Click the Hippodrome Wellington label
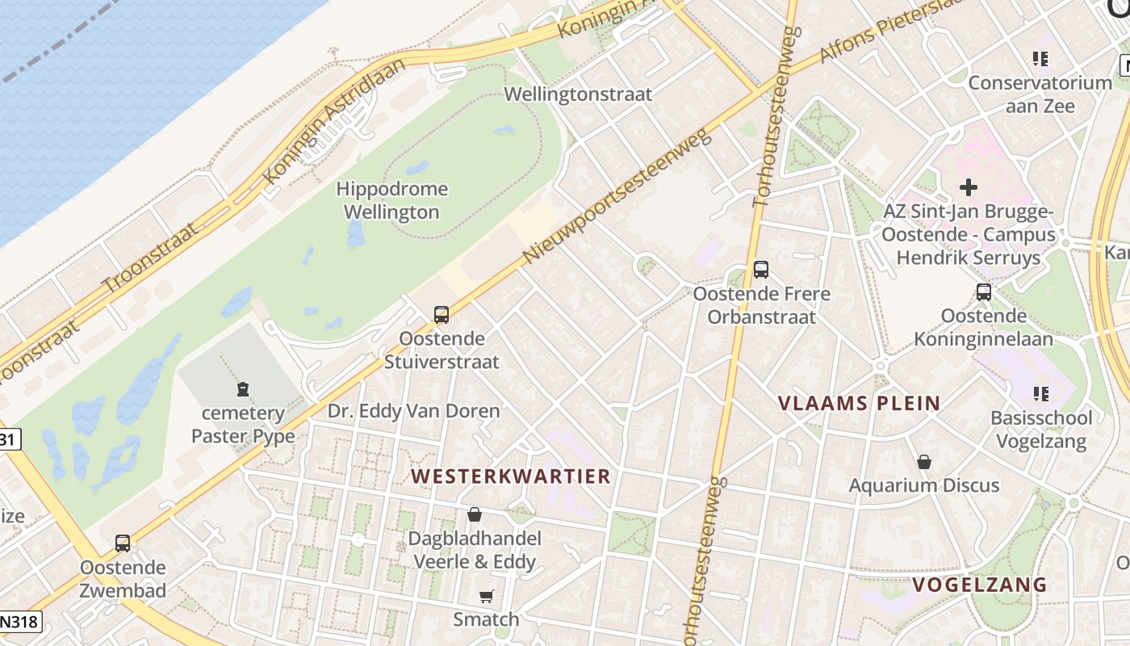(x=391, y=200)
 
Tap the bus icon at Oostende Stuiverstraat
(x=442, y=315)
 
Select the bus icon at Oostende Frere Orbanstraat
(x=760, y=270)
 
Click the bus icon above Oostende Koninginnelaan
(x=983, y=292)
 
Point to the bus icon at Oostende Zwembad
(x=123, y=543)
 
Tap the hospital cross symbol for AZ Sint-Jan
(x=968, y=187)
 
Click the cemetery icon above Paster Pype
(x=242, y=390)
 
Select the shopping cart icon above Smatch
(x=486, y=597)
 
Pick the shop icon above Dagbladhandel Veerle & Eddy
(x=475, y=514)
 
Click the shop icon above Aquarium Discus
(x=924, y=462)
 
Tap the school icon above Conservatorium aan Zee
(x=1040, y=59)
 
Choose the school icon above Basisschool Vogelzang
(x=1041, y=394)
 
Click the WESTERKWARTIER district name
(x=511, y=476)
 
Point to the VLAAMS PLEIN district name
(x=860, y=403)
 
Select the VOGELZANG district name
(x=979, y=585)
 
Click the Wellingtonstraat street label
(x=578, y=94)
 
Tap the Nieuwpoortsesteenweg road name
(x=618, y=195)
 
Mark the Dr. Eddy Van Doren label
(x=413, y=411)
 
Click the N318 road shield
(x=18, y=622)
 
